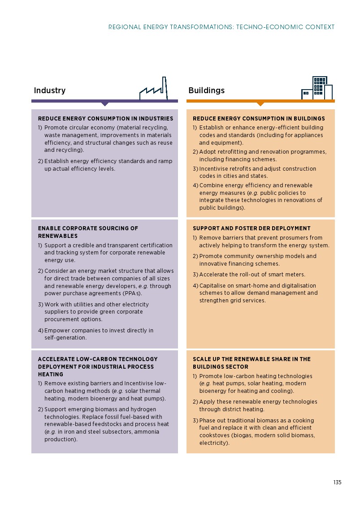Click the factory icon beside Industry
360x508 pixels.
[153, 90]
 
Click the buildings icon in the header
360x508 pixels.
[317, 88]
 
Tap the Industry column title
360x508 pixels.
[50, 90]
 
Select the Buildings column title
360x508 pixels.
[206, 90]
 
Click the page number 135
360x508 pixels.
[337, 482]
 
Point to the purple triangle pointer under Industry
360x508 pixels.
[105, 104]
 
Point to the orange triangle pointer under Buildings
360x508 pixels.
[260, 104]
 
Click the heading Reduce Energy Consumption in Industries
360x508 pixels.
[105, 119]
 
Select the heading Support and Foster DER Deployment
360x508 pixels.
[252, 228]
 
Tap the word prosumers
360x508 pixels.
[294, 238]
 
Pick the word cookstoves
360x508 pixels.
[215, 435]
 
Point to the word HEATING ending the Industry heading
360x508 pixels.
[51, 375]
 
